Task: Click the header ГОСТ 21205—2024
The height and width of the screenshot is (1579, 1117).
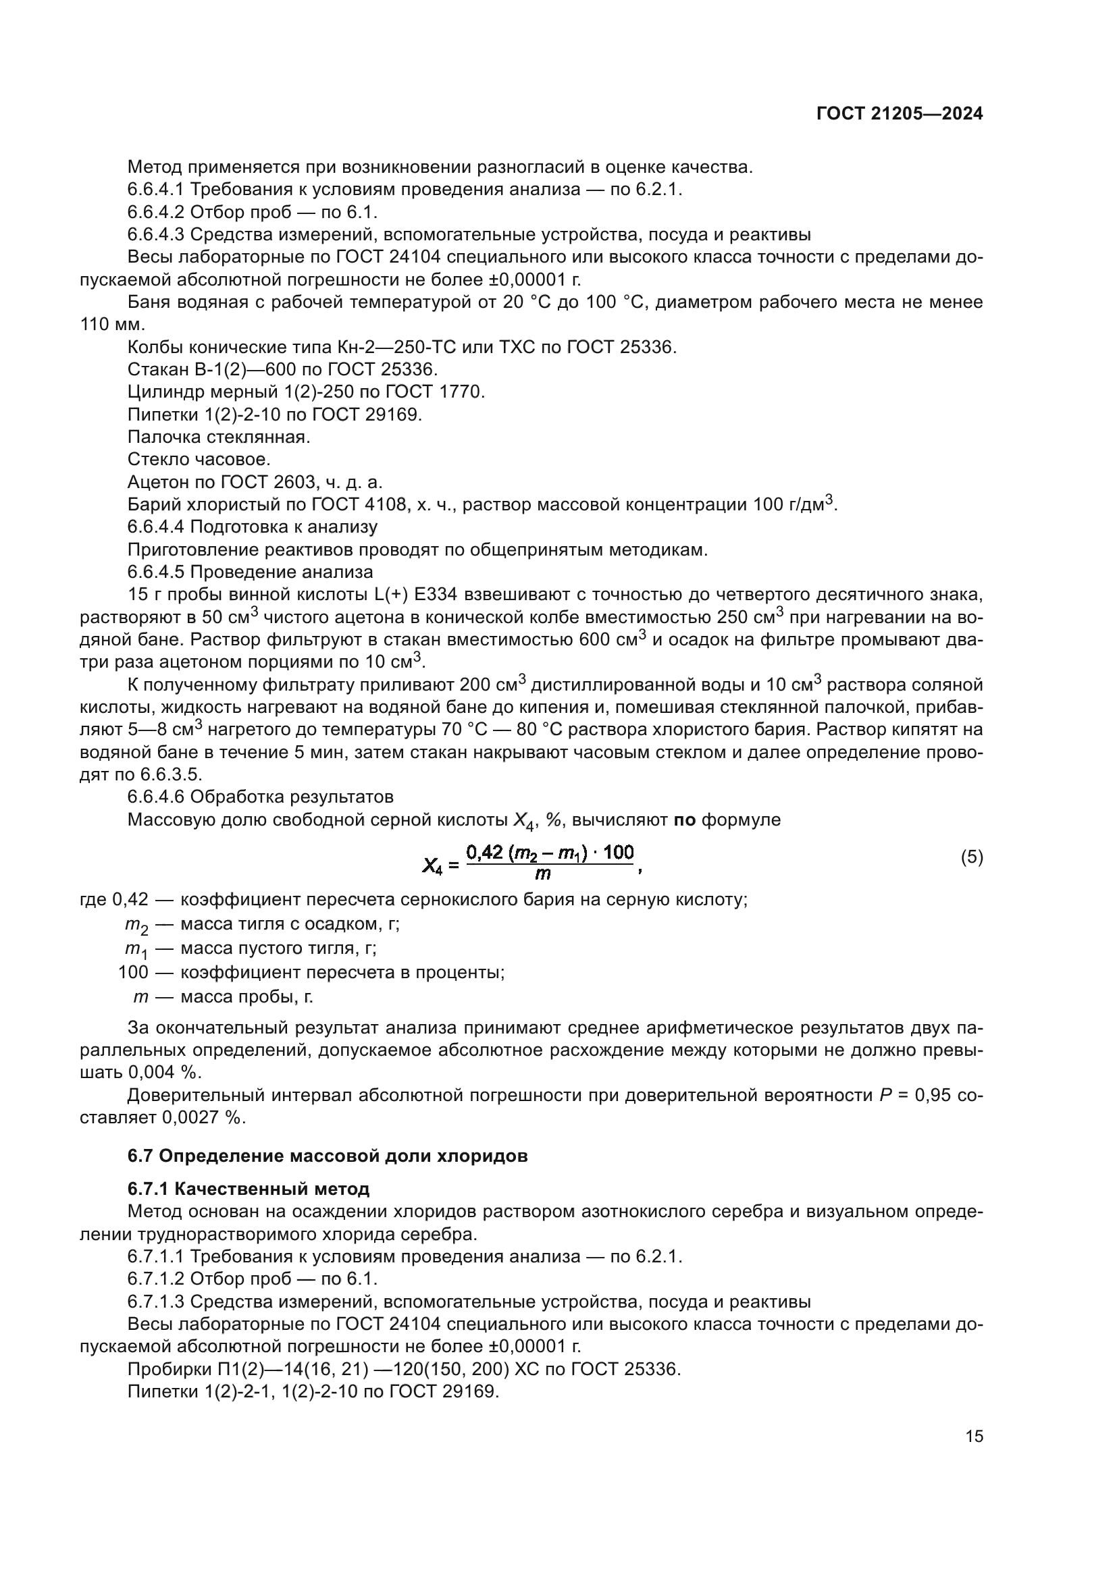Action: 899,114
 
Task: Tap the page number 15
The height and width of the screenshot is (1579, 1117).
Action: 974,1436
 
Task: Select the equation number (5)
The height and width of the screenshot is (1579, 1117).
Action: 971,857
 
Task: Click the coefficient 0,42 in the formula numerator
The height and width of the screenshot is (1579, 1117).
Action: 486,853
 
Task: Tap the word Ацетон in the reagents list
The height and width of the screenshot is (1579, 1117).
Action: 157,482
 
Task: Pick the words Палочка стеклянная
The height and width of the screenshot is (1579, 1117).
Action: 219,437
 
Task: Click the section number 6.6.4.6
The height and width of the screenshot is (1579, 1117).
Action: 155,797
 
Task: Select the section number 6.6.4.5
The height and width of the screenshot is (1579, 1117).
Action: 155,572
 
